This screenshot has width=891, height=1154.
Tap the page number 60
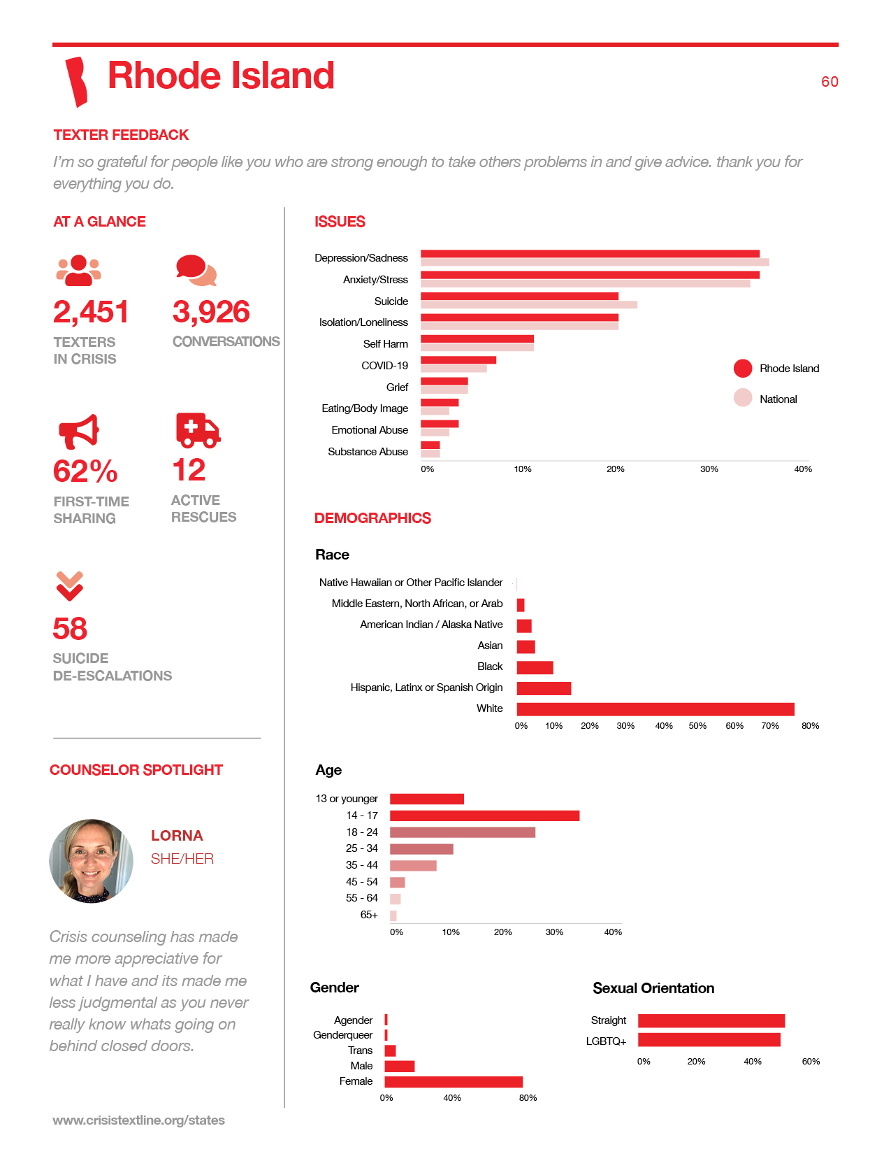830,82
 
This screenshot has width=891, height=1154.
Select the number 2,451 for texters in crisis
91,312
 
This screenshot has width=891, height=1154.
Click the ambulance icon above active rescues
198,430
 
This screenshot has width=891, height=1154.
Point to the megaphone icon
78,432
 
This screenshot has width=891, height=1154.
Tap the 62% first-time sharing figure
85,471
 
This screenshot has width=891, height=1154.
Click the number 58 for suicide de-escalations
70,629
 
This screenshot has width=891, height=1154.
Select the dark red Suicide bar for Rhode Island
519,297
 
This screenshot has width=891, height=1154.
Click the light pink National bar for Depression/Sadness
595,262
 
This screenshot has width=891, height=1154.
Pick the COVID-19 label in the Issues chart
385,366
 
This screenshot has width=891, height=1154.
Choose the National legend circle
743,398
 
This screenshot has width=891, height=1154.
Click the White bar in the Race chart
655,709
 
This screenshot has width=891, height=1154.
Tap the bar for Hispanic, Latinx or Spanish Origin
544,688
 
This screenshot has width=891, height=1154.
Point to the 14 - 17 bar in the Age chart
484,815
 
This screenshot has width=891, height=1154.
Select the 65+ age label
369,915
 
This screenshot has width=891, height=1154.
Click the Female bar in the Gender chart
454,1082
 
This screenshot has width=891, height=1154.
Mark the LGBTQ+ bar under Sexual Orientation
709,1040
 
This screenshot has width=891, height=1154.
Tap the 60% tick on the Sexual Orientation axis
811,1062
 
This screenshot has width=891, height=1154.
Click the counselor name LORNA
177,836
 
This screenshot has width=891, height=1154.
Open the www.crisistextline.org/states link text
138,1120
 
